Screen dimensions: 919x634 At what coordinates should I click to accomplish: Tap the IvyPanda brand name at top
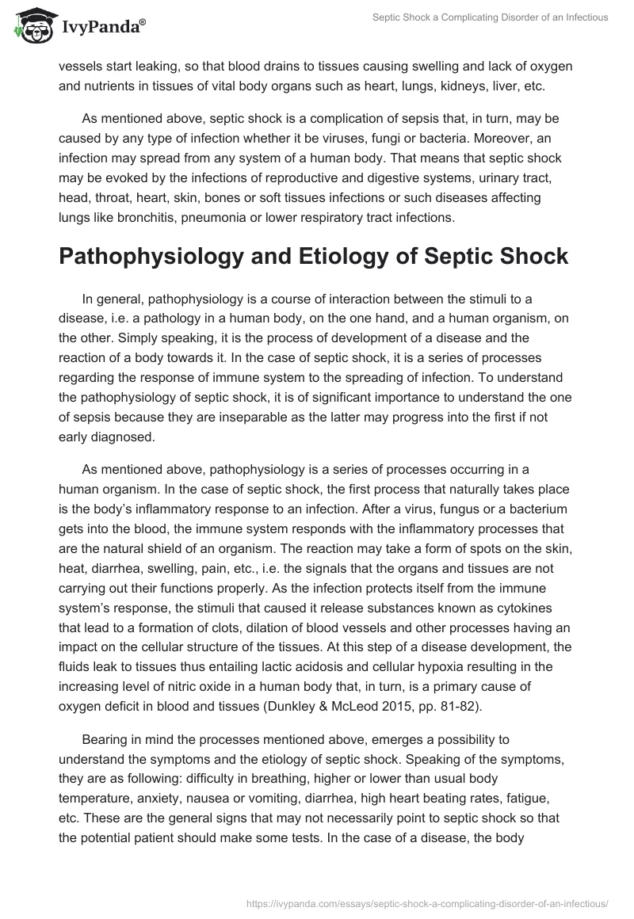click(102, 27)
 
